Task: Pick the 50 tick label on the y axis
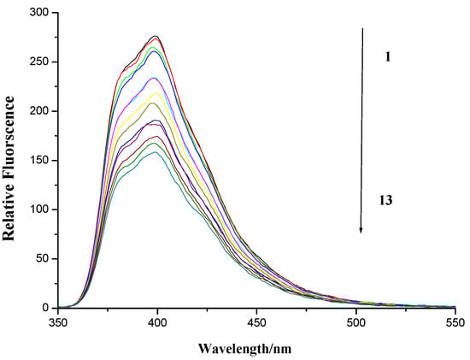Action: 44,258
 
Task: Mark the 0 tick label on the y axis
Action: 47,308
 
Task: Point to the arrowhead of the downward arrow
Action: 362,229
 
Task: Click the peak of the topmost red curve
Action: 156,36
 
